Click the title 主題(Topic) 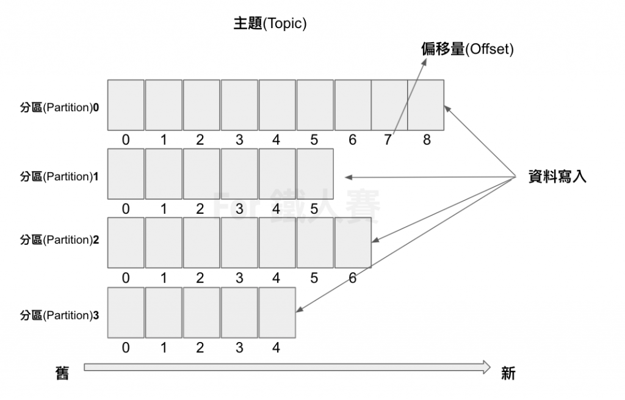270,24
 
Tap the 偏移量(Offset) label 467,49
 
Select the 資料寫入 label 557,177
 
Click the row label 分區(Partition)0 60,107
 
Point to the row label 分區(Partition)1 60,176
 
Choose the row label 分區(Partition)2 60,240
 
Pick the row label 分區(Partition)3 60,315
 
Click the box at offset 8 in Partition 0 426,105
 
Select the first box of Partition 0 126,105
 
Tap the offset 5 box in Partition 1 315,174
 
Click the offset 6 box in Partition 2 353,242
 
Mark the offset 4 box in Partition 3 277,312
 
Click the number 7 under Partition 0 388,140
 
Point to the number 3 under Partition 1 239,209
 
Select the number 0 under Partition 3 126,348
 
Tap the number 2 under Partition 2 201,278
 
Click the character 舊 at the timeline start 63,373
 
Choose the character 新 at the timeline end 508,373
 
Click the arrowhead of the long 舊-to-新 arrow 486,367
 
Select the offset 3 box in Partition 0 239,105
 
